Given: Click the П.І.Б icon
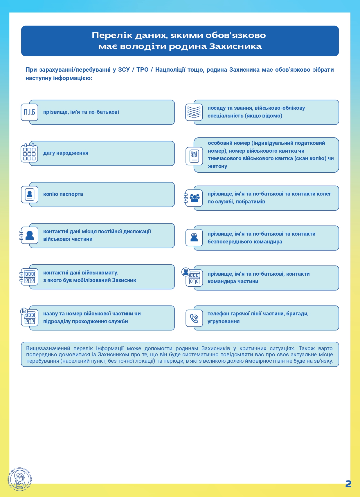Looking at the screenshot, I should [x=29, y=112].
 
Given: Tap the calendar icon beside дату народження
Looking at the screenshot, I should [x=29, y=153].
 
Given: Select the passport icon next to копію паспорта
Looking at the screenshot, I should [x=29, y=194].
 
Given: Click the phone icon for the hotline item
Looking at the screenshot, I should [x=194, y=318].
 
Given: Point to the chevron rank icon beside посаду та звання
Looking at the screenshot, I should [x=194, y=112].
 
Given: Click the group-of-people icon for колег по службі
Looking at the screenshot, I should [x=194, y=198].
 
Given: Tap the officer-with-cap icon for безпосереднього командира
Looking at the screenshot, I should [x=194, y=238].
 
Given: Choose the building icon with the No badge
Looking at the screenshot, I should [x=29, y=318].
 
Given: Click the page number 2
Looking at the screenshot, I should [x=348, y=484].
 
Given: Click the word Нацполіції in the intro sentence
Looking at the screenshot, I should [x=170, y=70].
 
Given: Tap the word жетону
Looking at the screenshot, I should [x=217, y=166].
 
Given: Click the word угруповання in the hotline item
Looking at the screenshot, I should [x=224, y=321].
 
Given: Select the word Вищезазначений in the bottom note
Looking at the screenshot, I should [x=48, y=348].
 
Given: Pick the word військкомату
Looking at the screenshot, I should [x=100, y=273].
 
